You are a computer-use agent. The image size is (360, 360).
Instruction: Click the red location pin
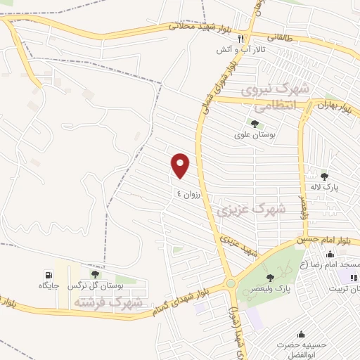181,166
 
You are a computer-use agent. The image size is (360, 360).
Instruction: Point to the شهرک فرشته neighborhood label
107,302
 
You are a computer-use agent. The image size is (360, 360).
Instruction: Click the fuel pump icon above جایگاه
48,274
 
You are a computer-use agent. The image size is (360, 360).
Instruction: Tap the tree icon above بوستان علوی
255,124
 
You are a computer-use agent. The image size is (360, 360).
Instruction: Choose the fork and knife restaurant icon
240,39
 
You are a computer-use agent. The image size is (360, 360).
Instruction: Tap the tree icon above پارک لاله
324,176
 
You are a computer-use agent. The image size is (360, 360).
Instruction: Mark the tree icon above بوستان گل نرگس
95,274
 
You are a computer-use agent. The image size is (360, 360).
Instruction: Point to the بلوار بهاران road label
333,106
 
